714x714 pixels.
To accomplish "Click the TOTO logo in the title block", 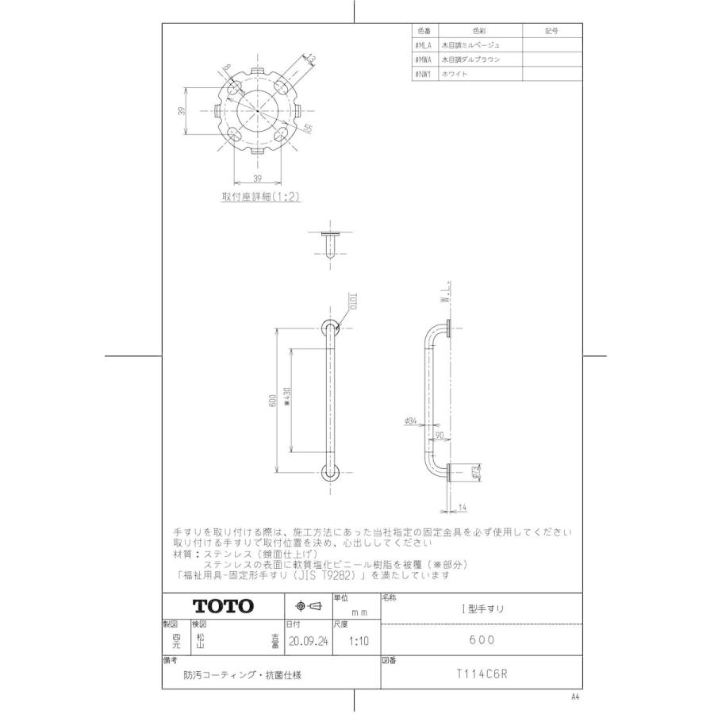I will [x=224, y=606].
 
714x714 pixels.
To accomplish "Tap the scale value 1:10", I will [x=350, y=641].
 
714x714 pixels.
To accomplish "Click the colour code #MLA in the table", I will [x=422, y=45].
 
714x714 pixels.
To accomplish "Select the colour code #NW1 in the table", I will [x=422, y=73].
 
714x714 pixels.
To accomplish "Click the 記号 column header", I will [x=552, y=31].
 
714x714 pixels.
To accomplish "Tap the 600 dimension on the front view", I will [x=272, y=400].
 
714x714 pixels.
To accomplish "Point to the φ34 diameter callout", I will [x=411, y=421].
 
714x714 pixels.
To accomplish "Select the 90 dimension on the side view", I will [x=439, y=434].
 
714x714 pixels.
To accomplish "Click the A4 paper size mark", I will [x=575, y=697].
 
